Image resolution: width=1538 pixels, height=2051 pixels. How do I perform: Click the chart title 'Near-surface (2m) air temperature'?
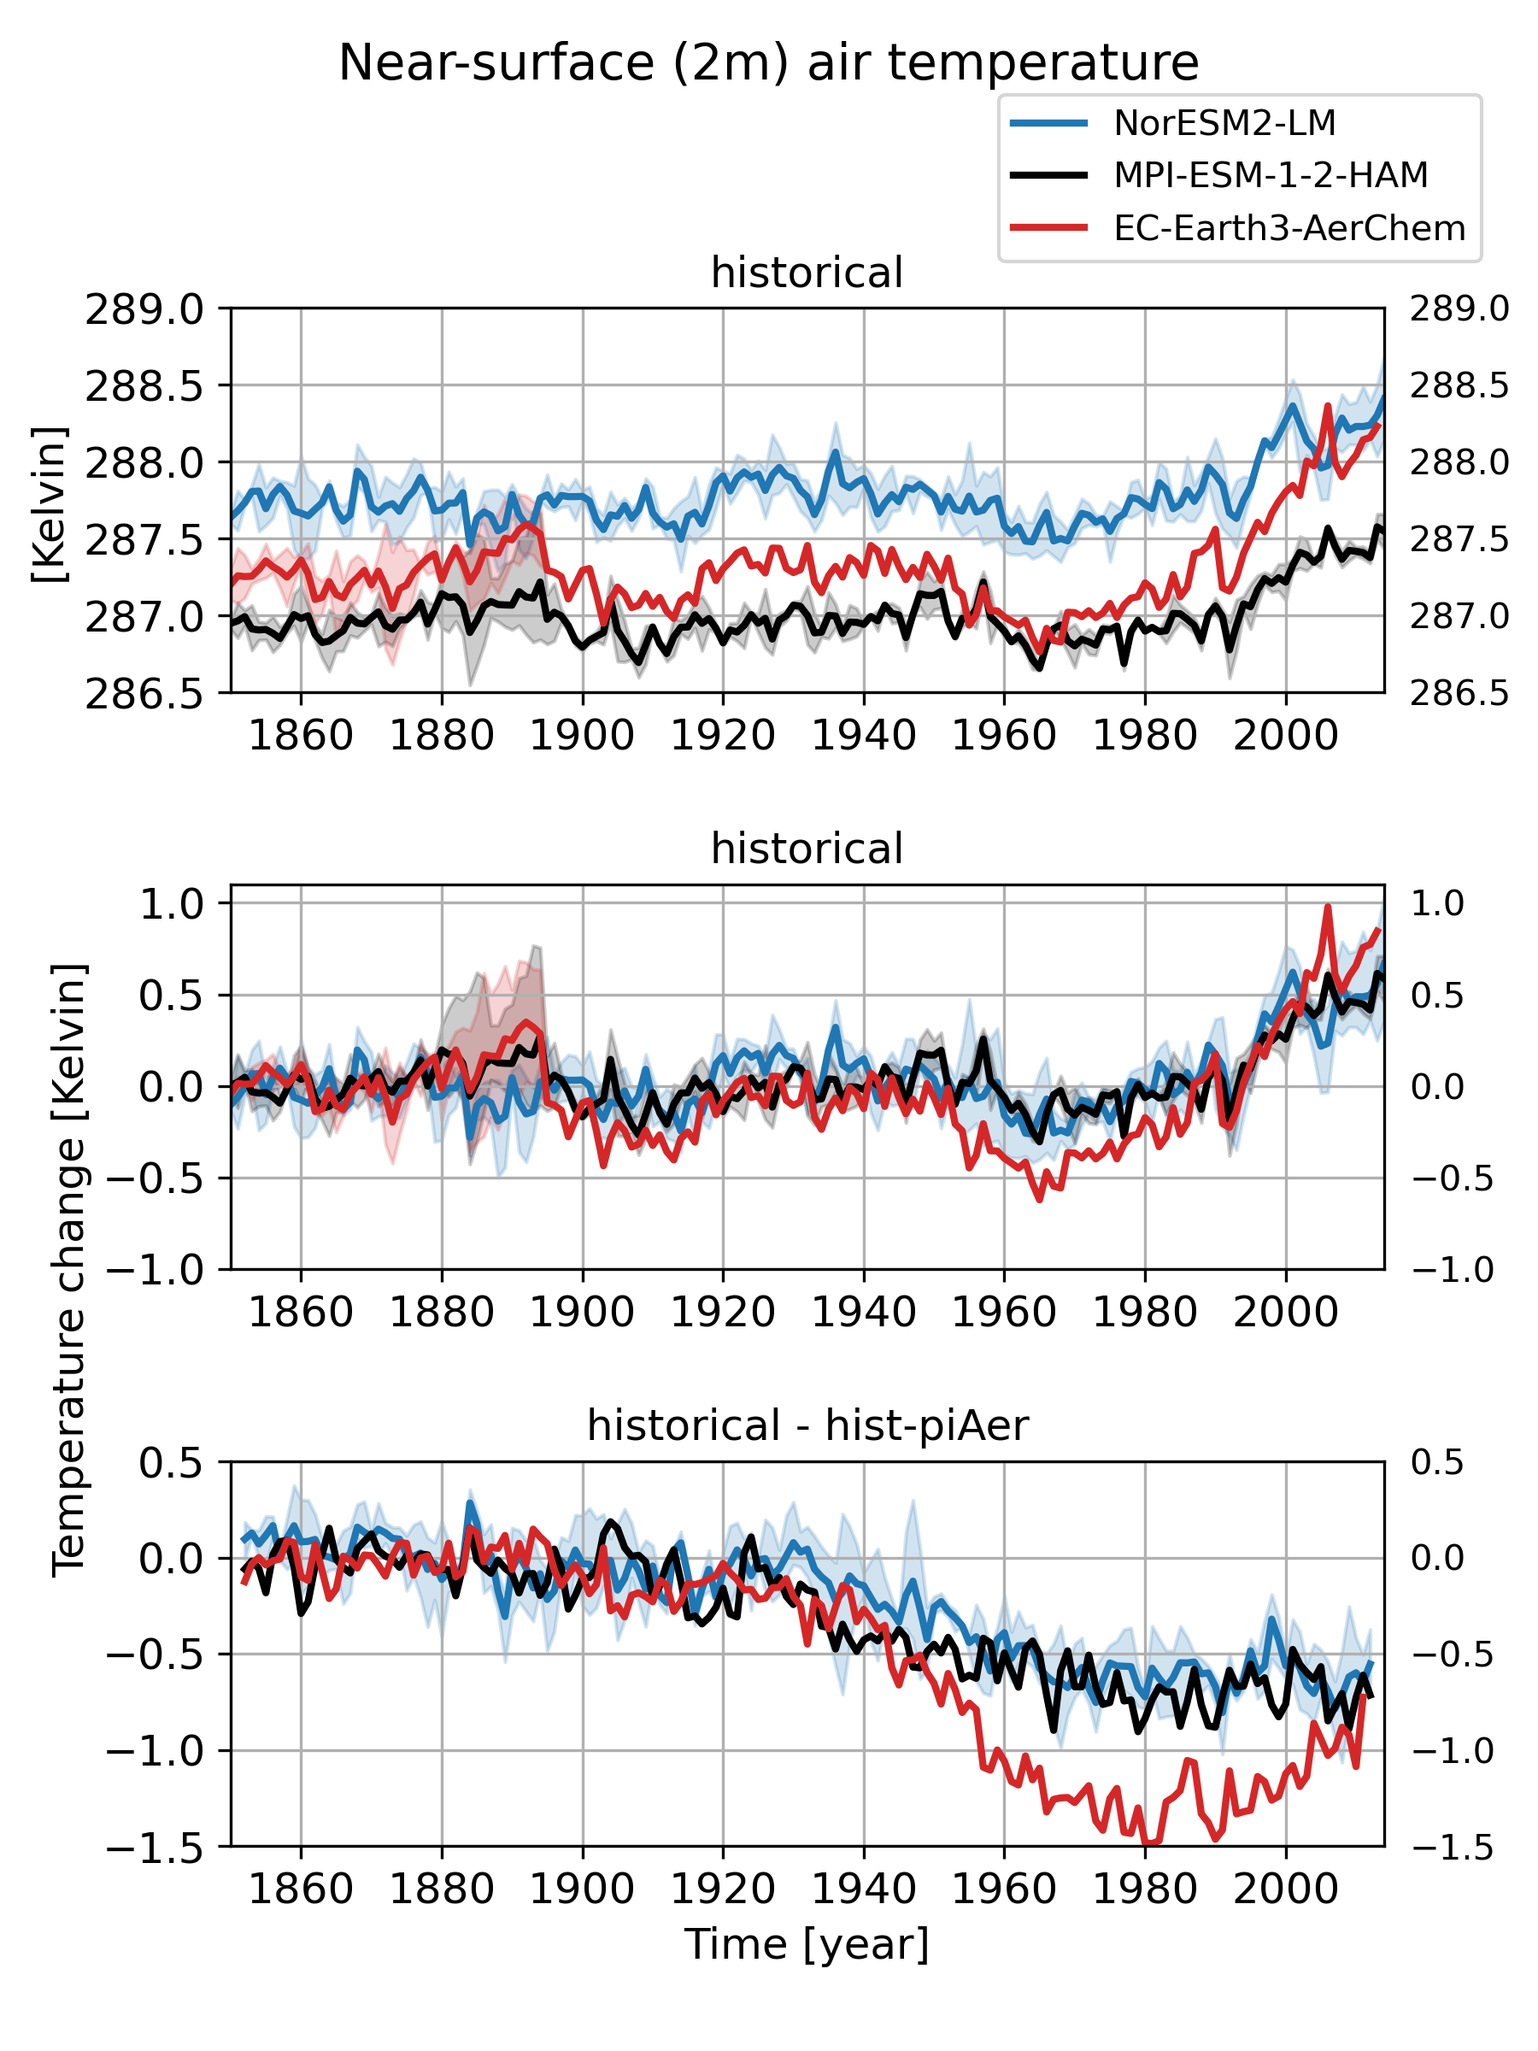click(x=768, y=63)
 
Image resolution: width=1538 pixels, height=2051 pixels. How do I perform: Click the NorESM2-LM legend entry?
click(x=1224, y=122)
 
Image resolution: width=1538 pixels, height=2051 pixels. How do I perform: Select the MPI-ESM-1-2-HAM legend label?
click(x=1270, y=175)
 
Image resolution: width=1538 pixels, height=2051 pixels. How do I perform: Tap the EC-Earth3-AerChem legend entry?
click(x=1289, y=228)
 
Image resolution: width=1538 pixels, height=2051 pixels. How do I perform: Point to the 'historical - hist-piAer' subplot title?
click(x=807, y=1425)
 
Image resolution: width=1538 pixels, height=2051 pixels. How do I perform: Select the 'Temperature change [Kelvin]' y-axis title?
click(x=68, y=1269)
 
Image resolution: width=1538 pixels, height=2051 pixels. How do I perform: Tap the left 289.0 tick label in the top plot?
click(x=144, y=309)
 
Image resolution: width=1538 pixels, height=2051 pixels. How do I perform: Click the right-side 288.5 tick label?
click(x=1459, y=385)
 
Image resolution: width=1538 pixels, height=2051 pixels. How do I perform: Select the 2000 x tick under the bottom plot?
click(x=1286, y=1889)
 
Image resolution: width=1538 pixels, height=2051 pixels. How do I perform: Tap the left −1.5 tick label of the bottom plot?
click(x=153, y=1848)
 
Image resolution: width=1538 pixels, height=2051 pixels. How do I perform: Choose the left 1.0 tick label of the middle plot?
click(x=171, y=904)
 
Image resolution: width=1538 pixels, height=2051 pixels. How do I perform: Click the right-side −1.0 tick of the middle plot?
click(x=1451, y=1269)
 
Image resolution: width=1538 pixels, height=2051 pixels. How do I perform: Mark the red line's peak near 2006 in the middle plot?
click(x=1328, y=907)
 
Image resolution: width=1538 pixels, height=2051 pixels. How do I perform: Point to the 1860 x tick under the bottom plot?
click(x=301, y=1889)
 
